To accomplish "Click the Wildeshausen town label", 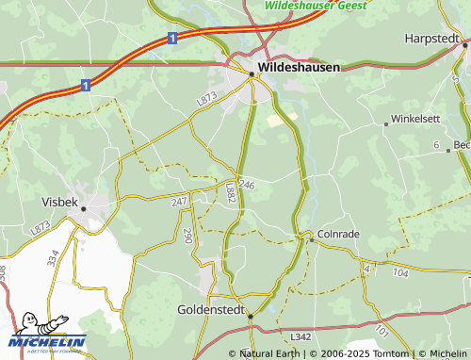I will (299, 67).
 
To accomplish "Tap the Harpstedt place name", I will (430, 38).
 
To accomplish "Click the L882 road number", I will (231, 192).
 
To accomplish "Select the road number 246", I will (247, 185).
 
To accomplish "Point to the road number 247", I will (179, 203).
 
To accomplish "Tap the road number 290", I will (187, 236).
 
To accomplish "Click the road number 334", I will (53, 256).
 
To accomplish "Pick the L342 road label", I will (300, 336).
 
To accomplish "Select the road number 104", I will (400, 271).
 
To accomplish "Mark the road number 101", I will (382, 331).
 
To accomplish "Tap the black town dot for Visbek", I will (83, 209).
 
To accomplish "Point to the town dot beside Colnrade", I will (312, 239).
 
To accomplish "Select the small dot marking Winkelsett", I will (386, 123).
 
